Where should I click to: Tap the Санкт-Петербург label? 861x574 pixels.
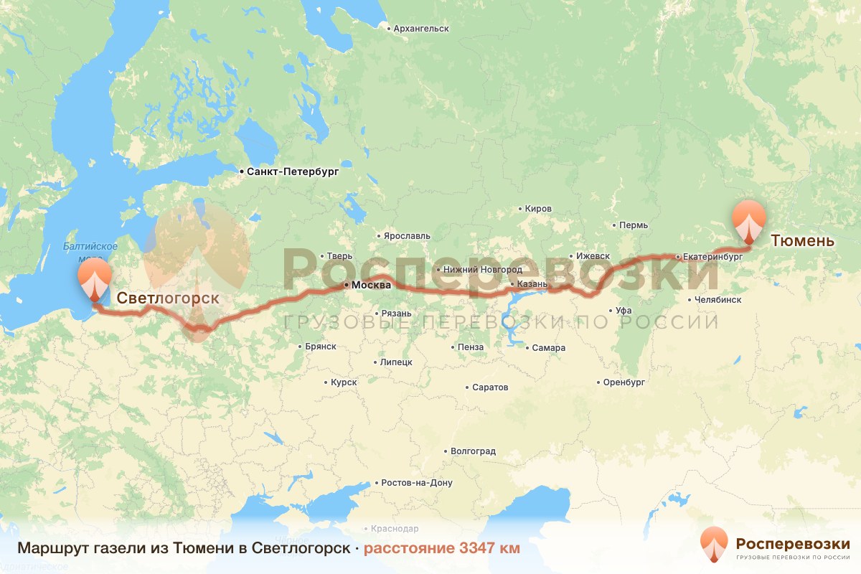(292, 172)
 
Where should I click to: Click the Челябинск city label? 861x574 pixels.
(717, 300)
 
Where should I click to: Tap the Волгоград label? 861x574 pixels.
(473, 452)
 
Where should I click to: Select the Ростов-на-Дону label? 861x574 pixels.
(417, 483)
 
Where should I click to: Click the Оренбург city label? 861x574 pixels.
(624, 382)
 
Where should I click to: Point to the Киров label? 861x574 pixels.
(538, 209)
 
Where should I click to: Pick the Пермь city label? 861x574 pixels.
(633, 225)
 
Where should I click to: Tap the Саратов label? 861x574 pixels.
(490, 387)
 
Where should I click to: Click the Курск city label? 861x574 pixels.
(344, 382)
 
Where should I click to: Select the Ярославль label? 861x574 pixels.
(407, 236)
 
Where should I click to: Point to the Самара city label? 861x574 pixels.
(548, 348)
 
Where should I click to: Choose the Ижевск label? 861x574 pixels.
(593, 256)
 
